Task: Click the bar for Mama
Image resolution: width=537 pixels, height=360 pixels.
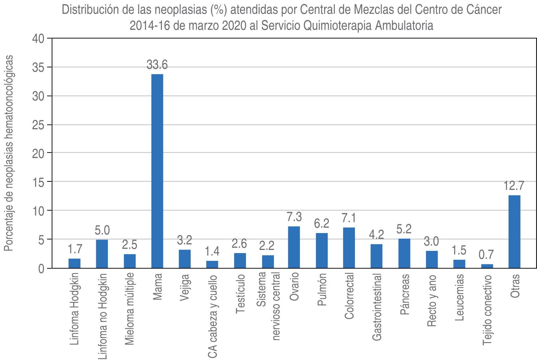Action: pos(157,171)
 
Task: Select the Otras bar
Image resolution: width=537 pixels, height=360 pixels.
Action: pos(514,232)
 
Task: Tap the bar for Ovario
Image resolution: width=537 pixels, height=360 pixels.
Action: pos(294,247)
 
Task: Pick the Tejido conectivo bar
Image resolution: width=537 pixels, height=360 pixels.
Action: pos(487,266)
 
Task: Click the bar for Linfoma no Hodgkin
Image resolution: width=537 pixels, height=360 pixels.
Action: pos(102,254)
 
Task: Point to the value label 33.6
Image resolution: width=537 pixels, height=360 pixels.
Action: pos(157,65)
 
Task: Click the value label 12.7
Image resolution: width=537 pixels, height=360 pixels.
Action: pos(514,186)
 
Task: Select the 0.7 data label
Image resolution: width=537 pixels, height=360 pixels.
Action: pos(487,255)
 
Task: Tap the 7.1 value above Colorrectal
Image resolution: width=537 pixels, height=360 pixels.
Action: pos(349,218)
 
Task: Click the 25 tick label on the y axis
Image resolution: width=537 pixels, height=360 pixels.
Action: pos(38,125)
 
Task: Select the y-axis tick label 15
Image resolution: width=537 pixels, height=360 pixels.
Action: pos(38,182)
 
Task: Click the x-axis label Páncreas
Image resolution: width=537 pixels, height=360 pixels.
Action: pos(405,295)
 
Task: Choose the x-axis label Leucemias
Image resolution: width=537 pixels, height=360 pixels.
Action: pos(460,297)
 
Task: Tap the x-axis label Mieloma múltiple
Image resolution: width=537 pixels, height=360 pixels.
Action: pos(129,308)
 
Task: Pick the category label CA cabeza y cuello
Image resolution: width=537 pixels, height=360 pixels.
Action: pos(212,316)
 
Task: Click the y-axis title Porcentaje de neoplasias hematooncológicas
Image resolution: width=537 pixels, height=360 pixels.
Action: pos(9,153)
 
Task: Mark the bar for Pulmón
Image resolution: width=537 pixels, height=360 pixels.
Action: pos(322,251)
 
